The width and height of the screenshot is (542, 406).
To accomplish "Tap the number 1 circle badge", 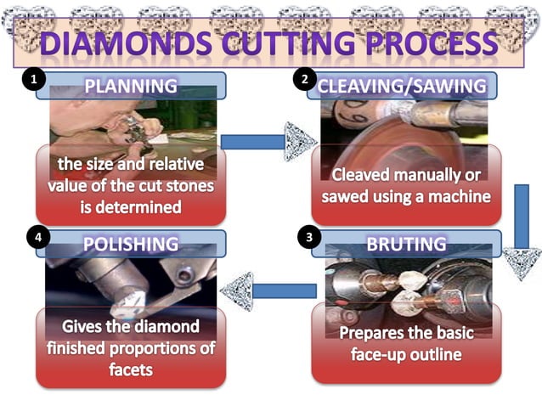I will click(33, 81).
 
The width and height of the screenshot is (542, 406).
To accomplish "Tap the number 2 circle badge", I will click(304, 80).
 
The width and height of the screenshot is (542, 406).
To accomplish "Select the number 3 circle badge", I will click(308, 238).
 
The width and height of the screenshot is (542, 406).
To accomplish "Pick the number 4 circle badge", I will click(35, 239).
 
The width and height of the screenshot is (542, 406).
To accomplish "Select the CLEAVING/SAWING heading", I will click(401, 86).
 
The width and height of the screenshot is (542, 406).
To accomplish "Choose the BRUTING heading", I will click(405, 244).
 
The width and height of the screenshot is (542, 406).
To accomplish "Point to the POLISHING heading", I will click(131, 244).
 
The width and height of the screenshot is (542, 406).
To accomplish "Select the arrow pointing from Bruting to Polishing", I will click(284, 290).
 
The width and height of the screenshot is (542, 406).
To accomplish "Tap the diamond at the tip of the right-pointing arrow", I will click(300, 140).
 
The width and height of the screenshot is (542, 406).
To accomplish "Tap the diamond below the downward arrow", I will click(521, 262).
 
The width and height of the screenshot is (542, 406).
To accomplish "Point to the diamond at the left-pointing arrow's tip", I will click(236, 291).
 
